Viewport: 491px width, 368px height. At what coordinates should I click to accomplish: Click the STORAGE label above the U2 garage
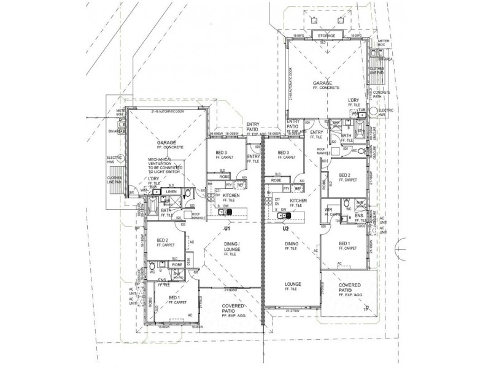click(327, 36)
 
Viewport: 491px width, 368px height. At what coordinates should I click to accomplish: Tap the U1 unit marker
click(226, 229)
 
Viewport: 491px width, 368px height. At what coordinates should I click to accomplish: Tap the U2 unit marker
click(285, 229)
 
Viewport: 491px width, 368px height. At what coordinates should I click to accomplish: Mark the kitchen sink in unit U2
click(283, 215)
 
